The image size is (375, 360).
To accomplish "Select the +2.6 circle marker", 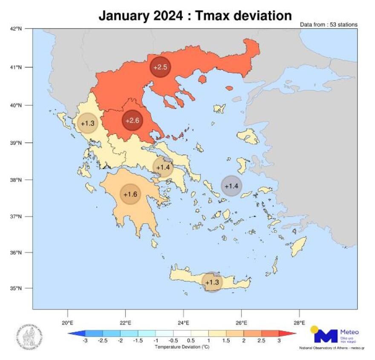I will [133, 121].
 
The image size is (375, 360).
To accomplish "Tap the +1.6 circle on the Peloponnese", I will [130, 194].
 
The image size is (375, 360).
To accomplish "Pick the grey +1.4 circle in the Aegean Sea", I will [231, 186].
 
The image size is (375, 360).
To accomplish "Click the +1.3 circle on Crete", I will [212, 282].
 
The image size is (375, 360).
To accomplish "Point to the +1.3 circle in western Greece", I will [87, 124].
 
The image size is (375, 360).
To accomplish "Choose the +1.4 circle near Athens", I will [163, 167].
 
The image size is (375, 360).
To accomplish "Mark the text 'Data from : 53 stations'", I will [329, 25].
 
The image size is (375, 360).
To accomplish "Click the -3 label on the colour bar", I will [85, 341].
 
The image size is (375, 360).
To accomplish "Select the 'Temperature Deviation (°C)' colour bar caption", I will [182, 347].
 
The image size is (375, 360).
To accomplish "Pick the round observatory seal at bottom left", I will [29, 335].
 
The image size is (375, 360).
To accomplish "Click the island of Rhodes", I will [299, 247].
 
